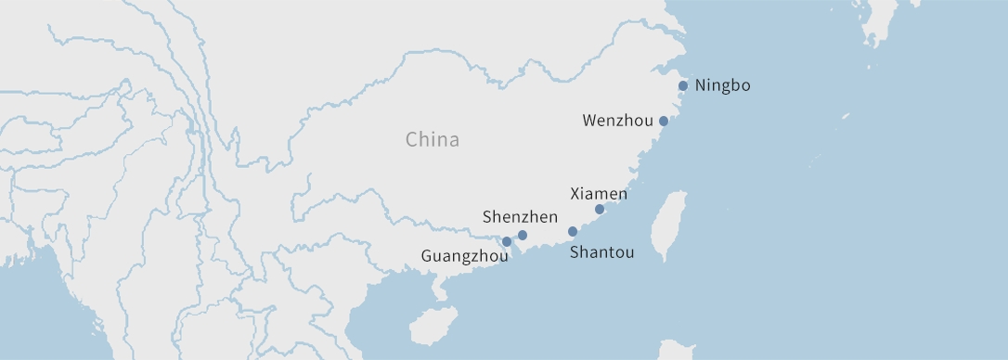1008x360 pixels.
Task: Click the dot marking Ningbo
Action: (x=683, y=85)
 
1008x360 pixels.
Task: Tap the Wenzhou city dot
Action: (x=664, y=121)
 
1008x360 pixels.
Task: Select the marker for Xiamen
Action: (x=600, y=209)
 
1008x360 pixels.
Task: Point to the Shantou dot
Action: (x=573, y=231)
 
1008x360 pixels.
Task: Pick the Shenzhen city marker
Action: (x=523, y=235)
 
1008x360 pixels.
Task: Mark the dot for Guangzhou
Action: (x=506, y=242)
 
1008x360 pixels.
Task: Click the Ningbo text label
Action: (x=722, y=85)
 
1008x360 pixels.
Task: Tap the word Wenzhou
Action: (x=617, y=121)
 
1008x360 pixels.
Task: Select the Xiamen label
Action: (x=598, y=194)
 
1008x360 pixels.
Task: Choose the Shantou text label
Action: (x=601, y=251)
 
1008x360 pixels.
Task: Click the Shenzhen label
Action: (x=520, y=217)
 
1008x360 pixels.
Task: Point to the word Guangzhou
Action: (x=464, y=255)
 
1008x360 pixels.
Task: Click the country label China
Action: (x=432, y=140)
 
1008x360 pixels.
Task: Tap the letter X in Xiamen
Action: (x=575, y=194)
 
